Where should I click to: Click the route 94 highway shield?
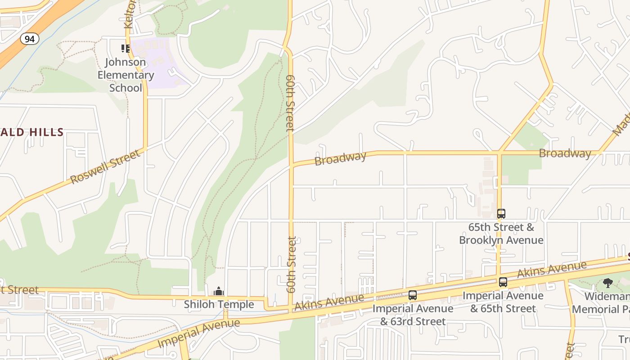click(30, 39)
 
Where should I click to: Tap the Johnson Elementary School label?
click(126, 75)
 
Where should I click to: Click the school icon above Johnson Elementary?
click(125, 48)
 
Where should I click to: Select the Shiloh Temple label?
click(219, 305)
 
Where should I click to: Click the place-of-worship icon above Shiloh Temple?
click(219, 291)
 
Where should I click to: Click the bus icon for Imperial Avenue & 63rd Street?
click(413, 295)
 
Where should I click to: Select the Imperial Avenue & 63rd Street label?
click(413, 315)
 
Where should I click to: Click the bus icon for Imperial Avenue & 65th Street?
click(503, 282)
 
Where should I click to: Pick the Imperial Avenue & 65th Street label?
click(503, 302)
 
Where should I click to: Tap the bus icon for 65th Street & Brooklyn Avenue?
click(501, 213)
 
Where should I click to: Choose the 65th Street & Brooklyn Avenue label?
click(501, 234)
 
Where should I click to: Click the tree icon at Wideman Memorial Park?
click(608, 283)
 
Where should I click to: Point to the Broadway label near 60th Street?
click(340, 158)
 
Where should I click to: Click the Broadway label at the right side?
click(565, 153)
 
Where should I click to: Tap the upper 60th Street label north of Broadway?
click(290, 103)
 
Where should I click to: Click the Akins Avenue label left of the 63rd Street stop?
click(329, 302)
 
